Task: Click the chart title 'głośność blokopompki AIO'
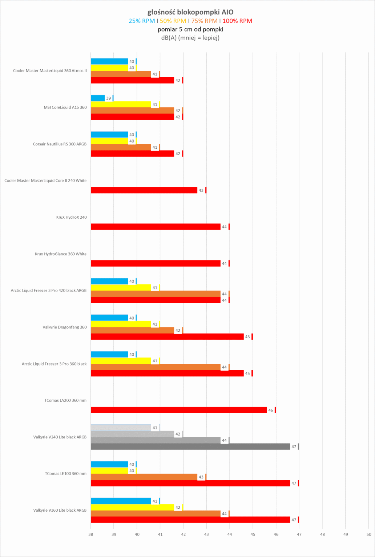(x=190, y=12)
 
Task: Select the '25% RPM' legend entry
(x=141, y=21)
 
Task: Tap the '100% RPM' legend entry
(x=237, y=21)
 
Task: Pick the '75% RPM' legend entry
(x=204, y=21)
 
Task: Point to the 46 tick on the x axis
(x=276, y=534)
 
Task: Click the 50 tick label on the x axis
(x=369, y=534)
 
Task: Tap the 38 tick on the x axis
(x=90, y=534)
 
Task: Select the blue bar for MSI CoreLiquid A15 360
(x=97, y=98)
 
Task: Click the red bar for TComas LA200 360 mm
(x=178, y=410)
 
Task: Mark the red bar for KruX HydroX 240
(x=155, y=227)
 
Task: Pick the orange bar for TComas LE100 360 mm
(x=144, y=477)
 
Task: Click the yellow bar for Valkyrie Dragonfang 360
(x=121, y=324)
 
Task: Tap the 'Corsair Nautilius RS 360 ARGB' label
(x=60, y=144)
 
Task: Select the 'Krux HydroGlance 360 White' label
(x=61, y=254)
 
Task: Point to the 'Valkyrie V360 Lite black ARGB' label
(x=60, y=510)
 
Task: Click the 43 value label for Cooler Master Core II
(x=201, y=190)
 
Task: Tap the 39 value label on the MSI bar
(x=108, y=98)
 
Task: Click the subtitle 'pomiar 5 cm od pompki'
(x=190, y=29)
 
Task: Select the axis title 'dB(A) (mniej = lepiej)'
(x=190, y=38)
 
